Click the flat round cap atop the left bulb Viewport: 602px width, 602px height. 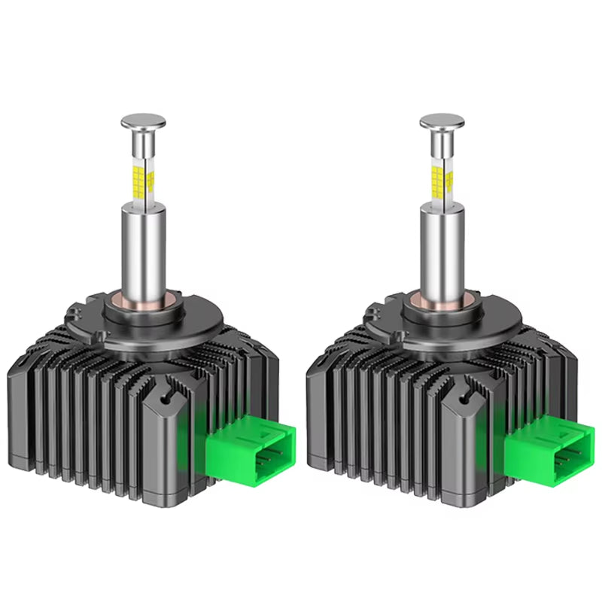pos(143,120)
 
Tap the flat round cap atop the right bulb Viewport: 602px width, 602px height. pos(442,120)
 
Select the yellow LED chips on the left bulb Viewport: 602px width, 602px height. pos(141,179)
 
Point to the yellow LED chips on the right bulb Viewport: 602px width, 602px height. pos(440,179)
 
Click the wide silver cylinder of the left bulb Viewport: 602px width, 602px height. pos(142,248)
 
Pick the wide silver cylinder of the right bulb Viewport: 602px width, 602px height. pos(441,248)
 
